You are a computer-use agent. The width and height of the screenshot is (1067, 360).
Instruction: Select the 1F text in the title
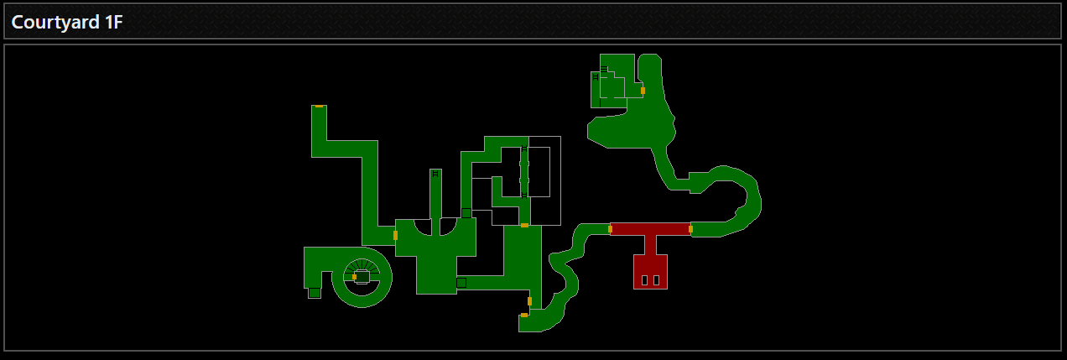[x=113, y=23]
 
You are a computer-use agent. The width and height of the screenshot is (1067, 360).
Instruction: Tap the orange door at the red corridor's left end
[x=610, y=228]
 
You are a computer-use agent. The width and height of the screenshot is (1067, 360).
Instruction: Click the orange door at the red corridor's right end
[x=690, y=228]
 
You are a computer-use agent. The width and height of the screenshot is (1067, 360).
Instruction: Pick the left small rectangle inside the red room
[x=644, y=279]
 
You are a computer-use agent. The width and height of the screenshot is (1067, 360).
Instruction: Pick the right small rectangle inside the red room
[x=656, y=279]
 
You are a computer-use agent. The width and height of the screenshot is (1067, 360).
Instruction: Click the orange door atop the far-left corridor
[x=319, y=107]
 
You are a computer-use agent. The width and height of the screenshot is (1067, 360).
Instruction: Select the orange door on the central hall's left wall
[x=395, y=235]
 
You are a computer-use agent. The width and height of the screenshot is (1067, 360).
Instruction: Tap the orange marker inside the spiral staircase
[x=354, y=276]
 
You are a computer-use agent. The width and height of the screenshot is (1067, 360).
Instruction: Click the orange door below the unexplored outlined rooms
[x=524, y=225]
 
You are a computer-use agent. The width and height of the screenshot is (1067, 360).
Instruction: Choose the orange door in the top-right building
[x=643, y=90]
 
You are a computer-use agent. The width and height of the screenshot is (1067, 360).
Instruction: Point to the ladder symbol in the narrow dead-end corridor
[x=435, y=175]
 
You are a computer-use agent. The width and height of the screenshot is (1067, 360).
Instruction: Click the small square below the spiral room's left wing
[x=314, y=293]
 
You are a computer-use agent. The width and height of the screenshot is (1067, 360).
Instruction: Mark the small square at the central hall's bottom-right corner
[x=461, y=283]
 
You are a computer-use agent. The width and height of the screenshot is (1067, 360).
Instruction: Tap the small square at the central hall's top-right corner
[x=466, y=213]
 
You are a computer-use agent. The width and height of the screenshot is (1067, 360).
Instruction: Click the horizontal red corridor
[x=650, y=228]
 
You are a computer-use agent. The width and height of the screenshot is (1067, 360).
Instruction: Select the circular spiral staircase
[x=362, y=278]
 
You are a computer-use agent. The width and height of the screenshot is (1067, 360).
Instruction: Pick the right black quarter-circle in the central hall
[x=449, y=226]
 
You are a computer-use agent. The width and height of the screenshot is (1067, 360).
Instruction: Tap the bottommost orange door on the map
[x=524, y=315]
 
